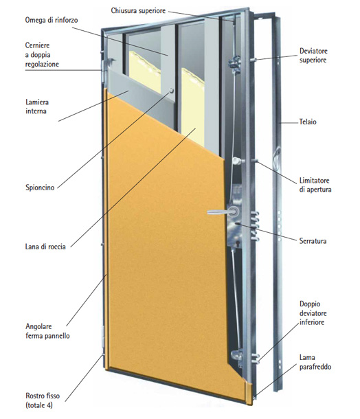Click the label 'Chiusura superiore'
coord(138,11)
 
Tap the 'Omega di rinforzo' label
coord(52,20)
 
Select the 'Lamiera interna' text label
coord(37,106)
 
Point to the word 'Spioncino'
coord(40,188)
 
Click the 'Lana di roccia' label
coord(45,247)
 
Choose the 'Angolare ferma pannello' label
coord(47,331)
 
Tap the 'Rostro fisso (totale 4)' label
coord(43,400)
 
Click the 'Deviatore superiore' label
coord(313,56)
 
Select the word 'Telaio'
coord(308,122)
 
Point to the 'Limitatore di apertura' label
coord(315,185)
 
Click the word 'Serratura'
coord(313,241)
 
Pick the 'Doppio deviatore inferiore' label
coord(312,313)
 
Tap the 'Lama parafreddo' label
coord(315,362)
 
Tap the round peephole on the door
coord(171,91)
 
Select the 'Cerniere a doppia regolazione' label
coord(42,55)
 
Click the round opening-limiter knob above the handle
coord(236,161)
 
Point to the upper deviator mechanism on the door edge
coord(235,64)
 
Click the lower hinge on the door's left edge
coord(104,337)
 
